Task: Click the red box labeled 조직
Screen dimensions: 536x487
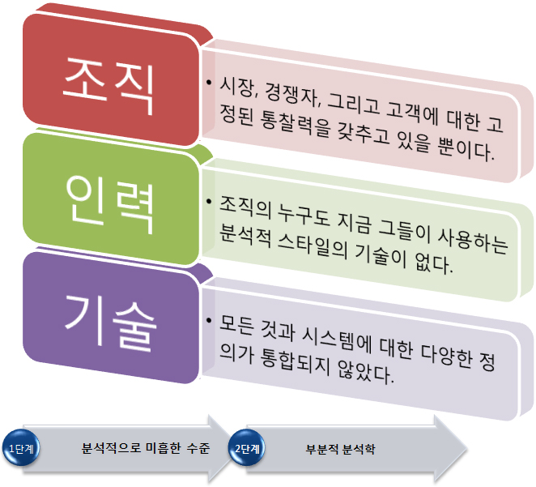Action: (111, 80)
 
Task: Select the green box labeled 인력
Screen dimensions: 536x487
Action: (111, 199)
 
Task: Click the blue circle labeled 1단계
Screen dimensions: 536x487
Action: (21, 448)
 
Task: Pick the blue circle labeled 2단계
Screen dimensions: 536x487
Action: (247, 448)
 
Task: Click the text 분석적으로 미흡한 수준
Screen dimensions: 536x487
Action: (146, 448)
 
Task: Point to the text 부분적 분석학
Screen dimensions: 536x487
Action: (341, 449)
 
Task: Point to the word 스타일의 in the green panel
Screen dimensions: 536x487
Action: (313, 246)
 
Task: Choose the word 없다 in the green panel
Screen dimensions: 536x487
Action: (433, 263)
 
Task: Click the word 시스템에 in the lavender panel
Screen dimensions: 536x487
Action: (337, 340)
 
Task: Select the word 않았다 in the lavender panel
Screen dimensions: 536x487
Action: (366, 373)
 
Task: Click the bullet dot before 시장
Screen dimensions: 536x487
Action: (209, 83)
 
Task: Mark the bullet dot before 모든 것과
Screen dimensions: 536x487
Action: (209, 320)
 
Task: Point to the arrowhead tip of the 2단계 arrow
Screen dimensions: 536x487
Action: (467, 450)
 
